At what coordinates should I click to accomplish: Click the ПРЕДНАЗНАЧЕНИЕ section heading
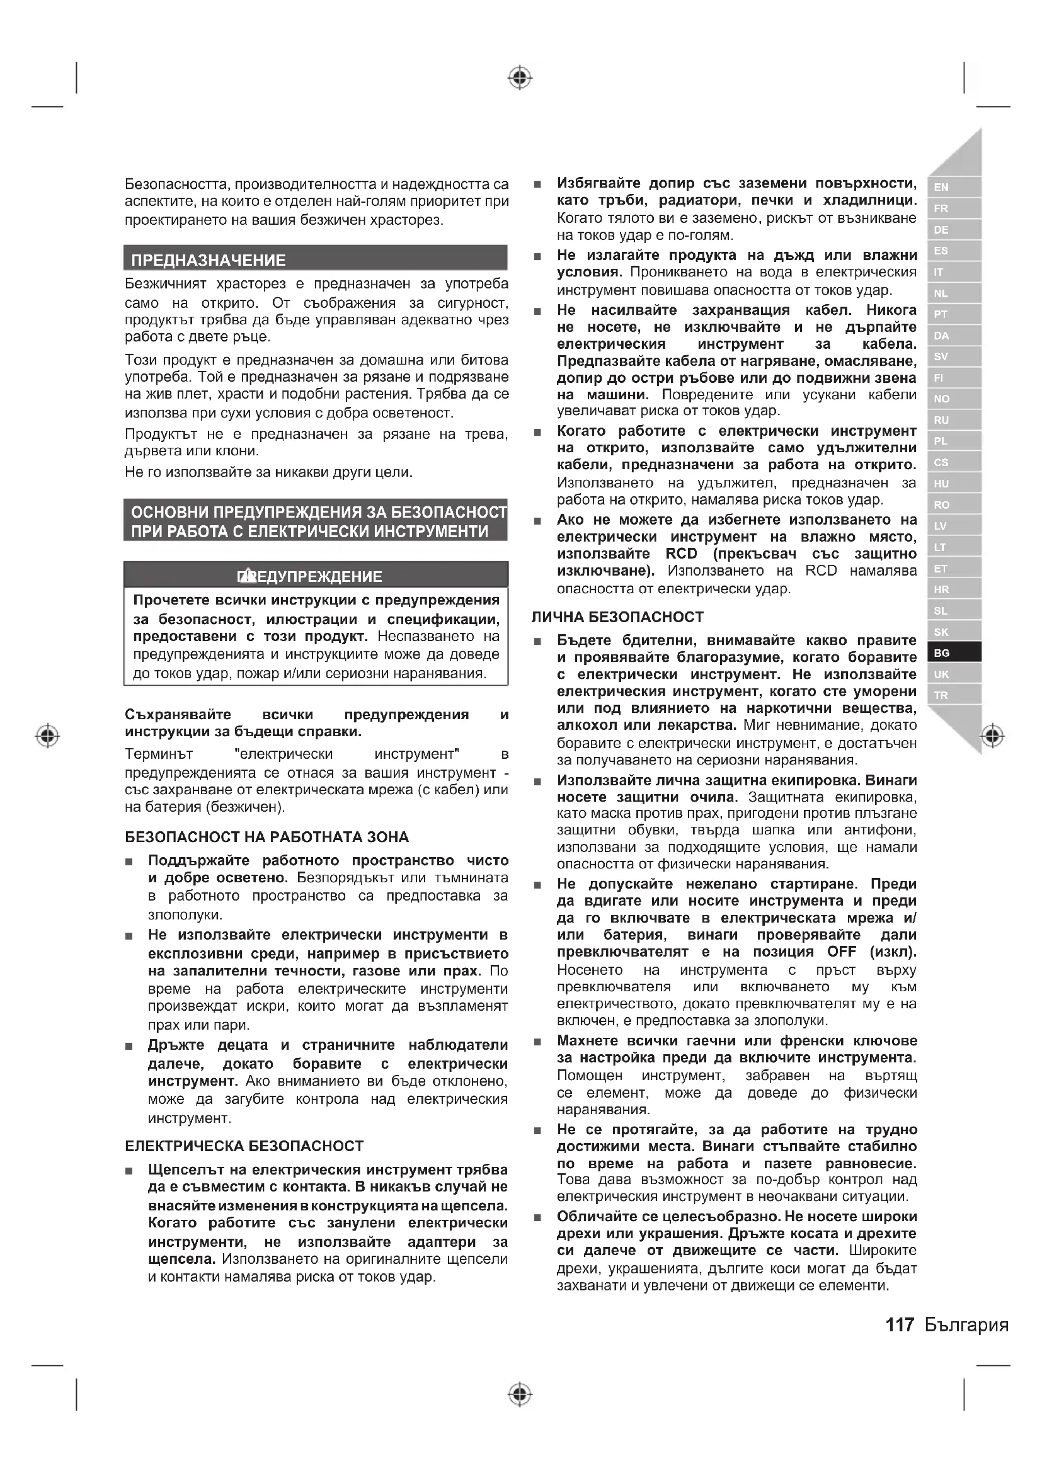point(209,260)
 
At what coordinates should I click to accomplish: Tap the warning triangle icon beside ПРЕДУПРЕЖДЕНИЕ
point(244,576)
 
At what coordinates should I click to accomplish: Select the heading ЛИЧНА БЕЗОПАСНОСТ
point(617,617)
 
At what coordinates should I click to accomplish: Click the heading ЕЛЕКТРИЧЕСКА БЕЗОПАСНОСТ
point(244,1146)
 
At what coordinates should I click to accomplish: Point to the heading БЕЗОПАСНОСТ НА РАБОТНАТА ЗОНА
point(266,836)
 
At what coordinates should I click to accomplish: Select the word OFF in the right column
point(841,952)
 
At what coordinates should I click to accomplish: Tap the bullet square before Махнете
point(537,1041)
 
